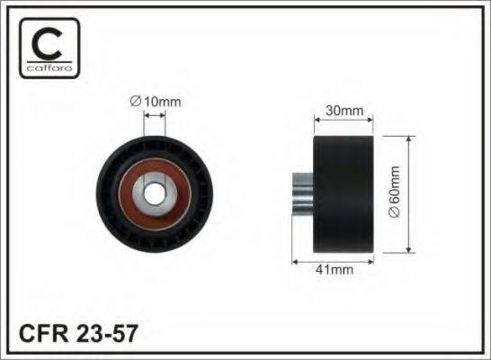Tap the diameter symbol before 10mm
pyautogui.click(x=136, y=102)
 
